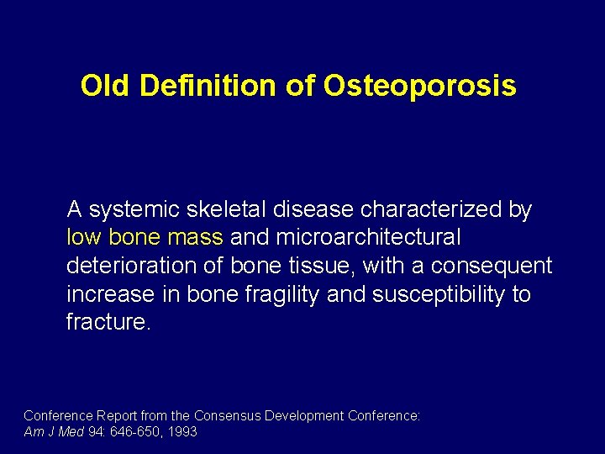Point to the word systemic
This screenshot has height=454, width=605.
[134, 209]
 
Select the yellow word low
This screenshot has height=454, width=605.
[82, 238]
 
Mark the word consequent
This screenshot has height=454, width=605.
[492, 267]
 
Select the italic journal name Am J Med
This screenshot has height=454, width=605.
[54, 431]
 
